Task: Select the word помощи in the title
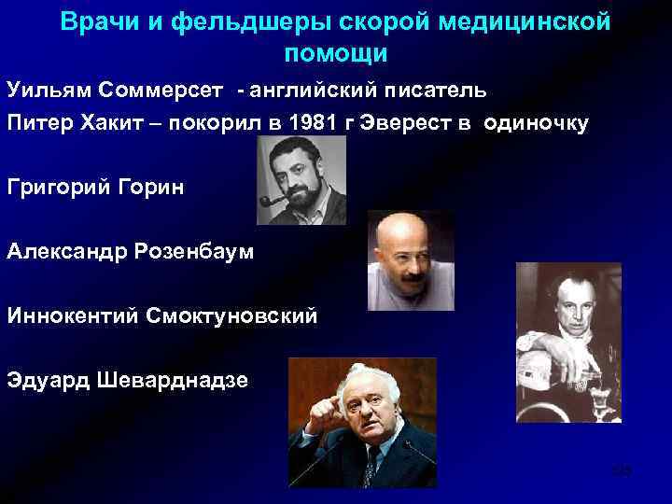click(x=335, y=53)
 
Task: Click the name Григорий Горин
click(x=95, y=188)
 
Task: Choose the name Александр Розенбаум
click(x=132, y=251)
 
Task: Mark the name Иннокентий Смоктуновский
click(x=161, y=315)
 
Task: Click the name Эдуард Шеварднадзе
click(x=128, y=379)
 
